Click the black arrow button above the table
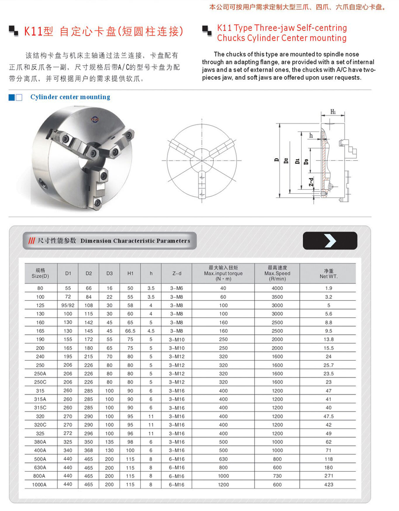point(330,241)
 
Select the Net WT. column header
point(328,273)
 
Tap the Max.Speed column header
point(277,273)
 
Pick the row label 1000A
point(40,484)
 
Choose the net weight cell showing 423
point(328,484)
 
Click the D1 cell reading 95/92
point(68,305)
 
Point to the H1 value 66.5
point(130,331)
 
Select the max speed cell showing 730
point(277,476)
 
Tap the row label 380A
point(40,442)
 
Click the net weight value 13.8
point(328,339)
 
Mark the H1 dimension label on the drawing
point(333,112)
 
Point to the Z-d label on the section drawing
point(311,182)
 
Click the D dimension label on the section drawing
point(276,160)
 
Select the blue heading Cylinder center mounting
point(70,97)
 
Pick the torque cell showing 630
point(223,459)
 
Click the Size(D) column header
point(40,273)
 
